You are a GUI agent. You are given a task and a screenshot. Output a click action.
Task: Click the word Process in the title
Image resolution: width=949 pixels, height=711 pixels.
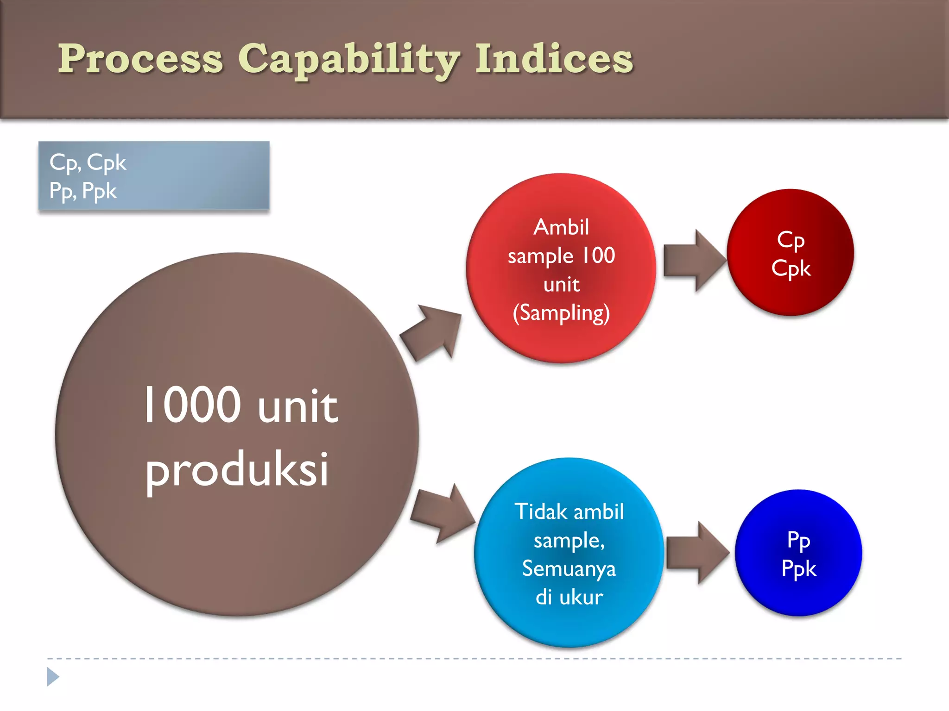tap(140, 59)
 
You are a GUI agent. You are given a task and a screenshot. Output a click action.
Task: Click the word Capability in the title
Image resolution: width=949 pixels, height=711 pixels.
tap(348, 60)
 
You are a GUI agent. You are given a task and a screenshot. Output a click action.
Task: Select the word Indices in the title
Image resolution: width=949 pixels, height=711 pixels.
tap(554, 59)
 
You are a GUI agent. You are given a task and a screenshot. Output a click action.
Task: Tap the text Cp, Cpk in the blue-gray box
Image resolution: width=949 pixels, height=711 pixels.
tap(88, 162)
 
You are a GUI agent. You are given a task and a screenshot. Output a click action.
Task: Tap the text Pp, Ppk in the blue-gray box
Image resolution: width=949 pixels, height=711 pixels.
tap(83, 191)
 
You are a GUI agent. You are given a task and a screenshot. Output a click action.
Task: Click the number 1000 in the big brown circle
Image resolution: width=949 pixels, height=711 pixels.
tap(192, 405)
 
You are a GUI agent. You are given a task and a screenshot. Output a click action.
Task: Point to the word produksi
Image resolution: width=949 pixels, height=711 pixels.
tap(237, 470)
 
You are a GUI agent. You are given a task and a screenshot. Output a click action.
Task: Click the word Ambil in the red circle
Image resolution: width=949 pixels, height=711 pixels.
tap(561, 227)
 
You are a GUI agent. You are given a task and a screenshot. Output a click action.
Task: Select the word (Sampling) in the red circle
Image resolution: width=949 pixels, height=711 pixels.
tap(561, 313)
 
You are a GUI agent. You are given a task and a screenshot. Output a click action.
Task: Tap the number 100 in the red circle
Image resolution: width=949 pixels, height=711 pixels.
tap(598, 256)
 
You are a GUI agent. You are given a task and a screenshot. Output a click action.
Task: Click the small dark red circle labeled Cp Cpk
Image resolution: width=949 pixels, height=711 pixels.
tap(791, 253)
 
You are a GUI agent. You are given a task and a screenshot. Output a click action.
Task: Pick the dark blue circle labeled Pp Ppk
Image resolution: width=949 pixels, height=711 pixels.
tap(798, 553)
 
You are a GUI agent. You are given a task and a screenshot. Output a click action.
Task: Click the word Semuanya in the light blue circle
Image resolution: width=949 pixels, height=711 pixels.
tap(569, 568)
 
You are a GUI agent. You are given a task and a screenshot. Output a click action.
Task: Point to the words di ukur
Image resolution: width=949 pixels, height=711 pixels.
tap(569, 597)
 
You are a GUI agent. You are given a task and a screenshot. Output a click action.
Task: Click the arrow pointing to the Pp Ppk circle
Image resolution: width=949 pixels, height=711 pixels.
tap(696, 553)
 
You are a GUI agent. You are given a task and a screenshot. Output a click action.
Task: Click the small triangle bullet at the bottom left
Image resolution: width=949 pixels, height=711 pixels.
tap(53, 677)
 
